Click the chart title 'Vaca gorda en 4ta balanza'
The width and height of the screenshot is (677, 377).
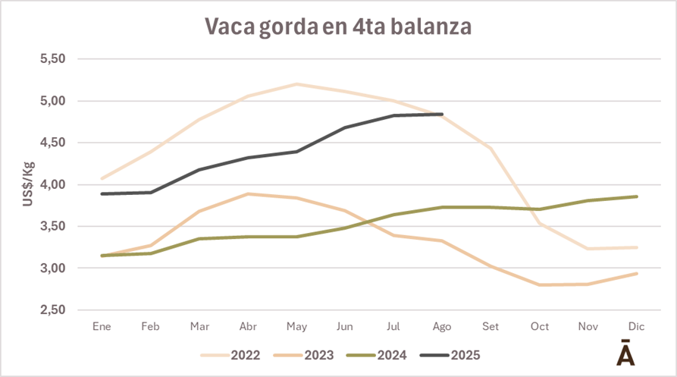click(x=338, y=26)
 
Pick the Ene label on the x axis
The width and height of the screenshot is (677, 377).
click(x=101, y=326)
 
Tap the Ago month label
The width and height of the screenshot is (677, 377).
click(x=441, y=326)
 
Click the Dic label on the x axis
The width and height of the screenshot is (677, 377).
click(x=637, y=326)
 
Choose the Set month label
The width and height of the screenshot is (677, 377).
click(x=491, y=326)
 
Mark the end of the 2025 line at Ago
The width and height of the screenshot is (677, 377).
click(x=442, y=115)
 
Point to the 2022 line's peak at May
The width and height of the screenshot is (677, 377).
click(x=296, y=84)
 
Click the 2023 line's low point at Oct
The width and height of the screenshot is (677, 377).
click(x=540, y=284)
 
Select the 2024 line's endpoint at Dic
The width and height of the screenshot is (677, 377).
click(x=637, y=196)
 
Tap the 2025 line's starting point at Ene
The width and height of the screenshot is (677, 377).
click(x=101, y=193)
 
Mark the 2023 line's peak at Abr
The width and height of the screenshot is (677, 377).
click(x=247, y=193)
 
